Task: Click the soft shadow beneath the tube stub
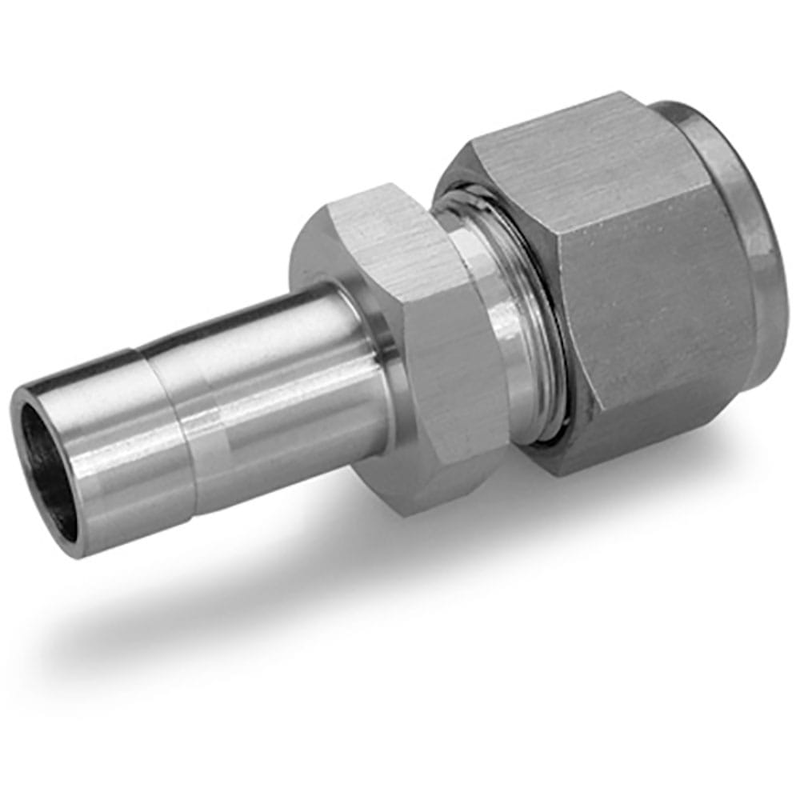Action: [200, 608]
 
